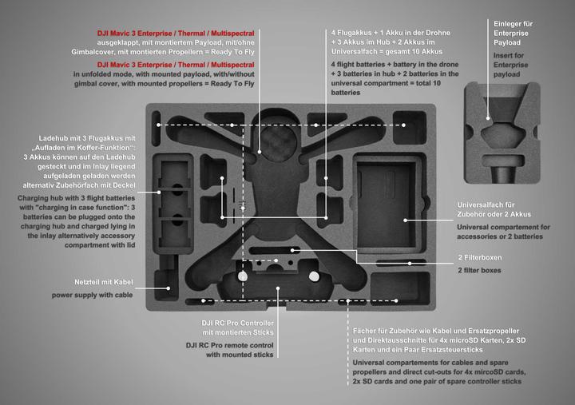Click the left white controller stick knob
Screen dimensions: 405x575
click(243, 276)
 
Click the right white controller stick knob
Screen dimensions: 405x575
click(314, 276)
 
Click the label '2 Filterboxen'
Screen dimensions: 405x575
click(479, 258)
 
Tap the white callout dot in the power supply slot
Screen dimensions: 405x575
click(168, 287)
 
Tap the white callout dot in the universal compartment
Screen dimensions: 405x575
click(406, 219)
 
